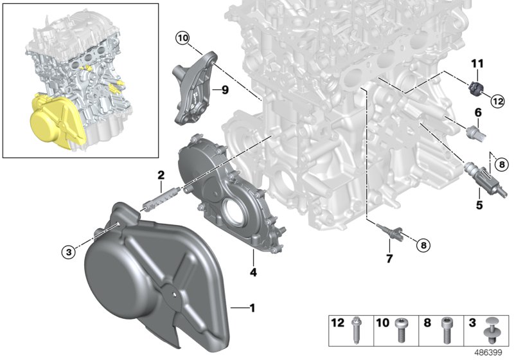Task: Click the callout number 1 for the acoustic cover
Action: (252, 309)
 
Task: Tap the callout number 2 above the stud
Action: (161, 175)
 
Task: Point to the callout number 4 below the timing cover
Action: (253, 273)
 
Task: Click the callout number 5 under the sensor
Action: (479, 206)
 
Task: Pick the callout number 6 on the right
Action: (478, 113)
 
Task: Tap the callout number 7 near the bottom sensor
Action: (389, 258)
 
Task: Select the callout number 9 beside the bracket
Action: (225, 90)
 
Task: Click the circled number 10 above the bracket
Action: (182, 39)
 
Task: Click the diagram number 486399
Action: (489, 352)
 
